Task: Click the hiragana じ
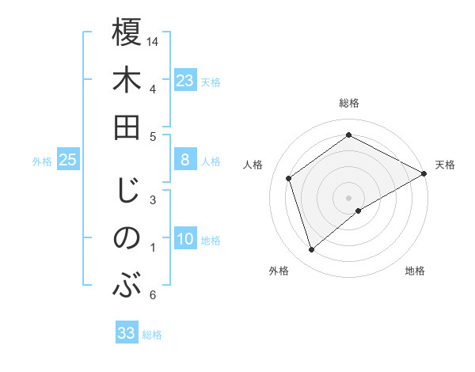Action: (127, 190)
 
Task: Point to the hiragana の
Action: (127, 237)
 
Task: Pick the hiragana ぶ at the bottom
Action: (127, 284)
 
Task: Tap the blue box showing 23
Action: (185, 80)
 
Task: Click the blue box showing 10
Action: (185, 240)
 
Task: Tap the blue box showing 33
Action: (127, 333)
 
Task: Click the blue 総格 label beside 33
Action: (152, 335)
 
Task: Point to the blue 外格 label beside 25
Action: (42, 161)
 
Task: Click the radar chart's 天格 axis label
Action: (445, 165)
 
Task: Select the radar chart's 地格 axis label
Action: (415, 271)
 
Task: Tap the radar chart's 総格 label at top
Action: (348, 103)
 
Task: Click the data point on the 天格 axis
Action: (424, 173)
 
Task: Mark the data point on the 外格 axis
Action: (312, 250)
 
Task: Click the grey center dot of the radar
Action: (348, 196)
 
